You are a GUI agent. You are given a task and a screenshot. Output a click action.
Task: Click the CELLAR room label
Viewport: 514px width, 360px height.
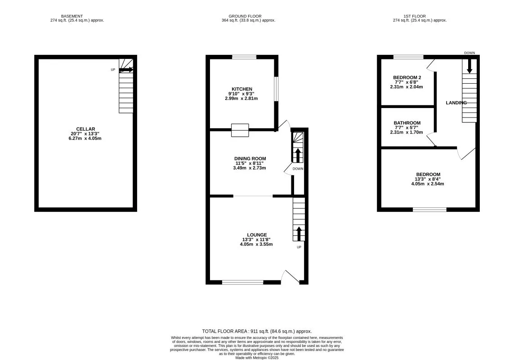point(85,129)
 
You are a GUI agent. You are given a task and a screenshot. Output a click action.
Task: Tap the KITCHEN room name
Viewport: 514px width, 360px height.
point(242,89)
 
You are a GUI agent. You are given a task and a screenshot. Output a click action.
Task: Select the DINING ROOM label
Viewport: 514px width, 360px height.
point(250,158)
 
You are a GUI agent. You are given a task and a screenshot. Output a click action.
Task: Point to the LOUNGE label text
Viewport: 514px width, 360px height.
point(257,234)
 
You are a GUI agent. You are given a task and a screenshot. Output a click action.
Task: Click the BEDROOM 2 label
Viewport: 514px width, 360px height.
point(407,77)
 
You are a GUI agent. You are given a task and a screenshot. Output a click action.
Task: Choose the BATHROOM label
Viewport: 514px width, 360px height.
point(407,123)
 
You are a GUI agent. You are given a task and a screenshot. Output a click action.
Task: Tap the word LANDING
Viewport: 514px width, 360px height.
point(456,103)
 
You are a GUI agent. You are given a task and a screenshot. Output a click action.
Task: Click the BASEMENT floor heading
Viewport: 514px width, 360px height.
point(72,16)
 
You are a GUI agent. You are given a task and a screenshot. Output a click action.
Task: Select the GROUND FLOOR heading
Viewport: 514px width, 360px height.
point(245,16)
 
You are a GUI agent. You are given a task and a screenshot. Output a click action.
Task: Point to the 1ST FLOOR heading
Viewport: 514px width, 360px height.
point(415,16)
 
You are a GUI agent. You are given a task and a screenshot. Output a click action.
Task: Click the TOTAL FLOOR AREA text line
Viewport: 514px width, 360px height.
point(257,332)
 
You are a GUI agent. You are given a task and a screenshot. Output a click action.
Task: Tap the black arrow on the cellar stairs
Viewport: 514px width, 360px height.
point(126,70)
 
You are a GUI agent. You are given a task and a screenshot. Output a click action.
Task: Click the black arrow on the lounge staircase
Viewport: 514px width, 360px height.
point(299,234)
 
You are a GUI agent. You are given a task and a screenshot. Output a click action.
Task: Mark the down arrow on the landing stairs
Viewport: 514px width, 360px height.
point(469,66)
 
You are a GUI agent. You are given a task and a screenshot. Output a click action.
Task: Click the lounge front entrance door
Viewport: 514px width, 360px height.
point(290,277)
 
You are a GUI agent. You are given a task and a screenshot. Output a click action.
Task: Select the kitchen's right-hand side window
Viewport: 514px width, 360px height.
point(277,89)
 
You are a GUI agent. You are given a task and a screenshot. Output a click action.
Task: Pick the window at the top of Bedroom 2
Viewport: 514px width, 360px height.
point(408,57)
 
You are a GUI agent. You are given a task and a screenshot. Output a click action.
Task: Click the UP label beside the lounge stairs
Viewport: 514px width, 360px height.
point(299,247)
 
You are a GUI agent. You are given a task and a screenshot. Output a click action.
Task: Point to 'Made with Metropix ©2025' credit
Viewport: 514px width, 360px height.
point(257,358)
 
